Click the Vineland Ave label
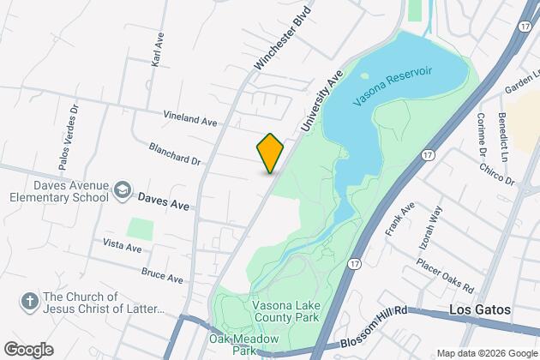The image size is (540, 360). pos(191,121)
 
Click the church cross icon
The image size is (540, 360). pos(27,301)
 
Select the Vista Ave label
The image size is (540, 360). pos(121,246)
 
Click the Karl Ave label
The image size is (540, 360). pos(157,52)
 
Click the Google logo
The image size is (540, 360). pos(27,350)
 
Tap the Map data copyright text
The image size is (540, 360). pos(486,353)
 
